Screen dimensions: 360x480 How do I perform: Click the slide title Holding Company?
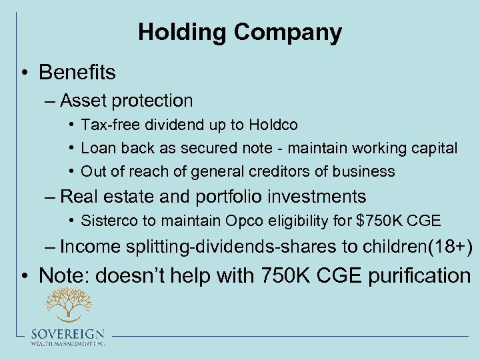coord(240,32)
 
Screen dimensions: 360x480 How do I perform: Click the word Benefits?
coord(77,72)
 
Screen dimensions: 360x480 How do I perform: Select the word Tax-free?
coord(107,125)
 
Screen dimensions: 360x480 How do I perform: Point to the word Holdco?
coord(273,125)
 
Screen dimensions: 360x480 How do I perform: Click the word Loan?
coord(98,148)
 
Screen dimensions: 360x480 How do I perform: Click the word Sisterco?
coord(108,220)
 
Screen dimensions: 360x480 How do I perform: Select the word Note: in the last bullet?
coord(64,275)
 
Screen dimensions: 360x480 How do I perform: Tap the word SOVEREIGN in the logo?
coord(67,334)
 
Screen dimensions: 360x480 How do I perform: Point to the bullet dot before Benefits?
coord(24,73)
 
